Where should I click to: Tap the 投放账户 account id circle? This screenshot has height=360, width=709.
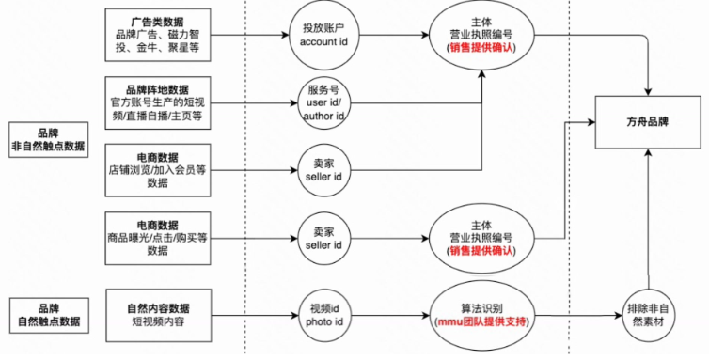click(323, 37)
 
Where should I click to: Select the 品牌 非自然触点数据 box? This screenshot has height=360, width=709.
click(47, 136)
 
